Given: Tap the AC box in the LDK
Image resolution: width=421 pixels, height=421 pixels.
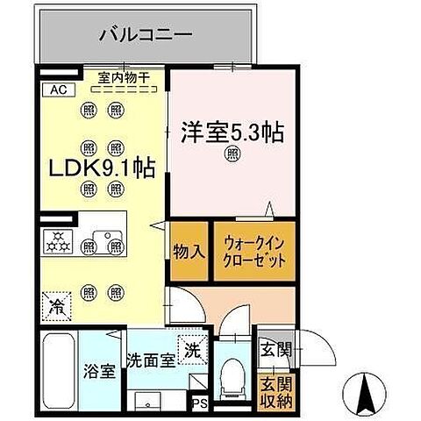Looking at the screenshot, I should coord(56,89).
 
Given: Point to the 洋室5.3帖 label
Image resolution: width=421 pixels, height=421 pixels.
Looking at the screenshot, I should coord(232,133).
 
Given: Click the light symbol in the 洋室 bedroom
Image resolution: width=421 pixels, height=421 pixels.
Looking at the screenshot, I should coord(232,155).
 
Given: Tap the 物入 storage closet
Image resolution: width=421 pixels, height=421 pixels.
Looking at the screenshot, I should coord(189,251).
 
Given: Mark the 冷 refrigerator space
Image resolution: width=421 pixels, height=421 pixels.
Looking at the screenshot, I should coord(55,307).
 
